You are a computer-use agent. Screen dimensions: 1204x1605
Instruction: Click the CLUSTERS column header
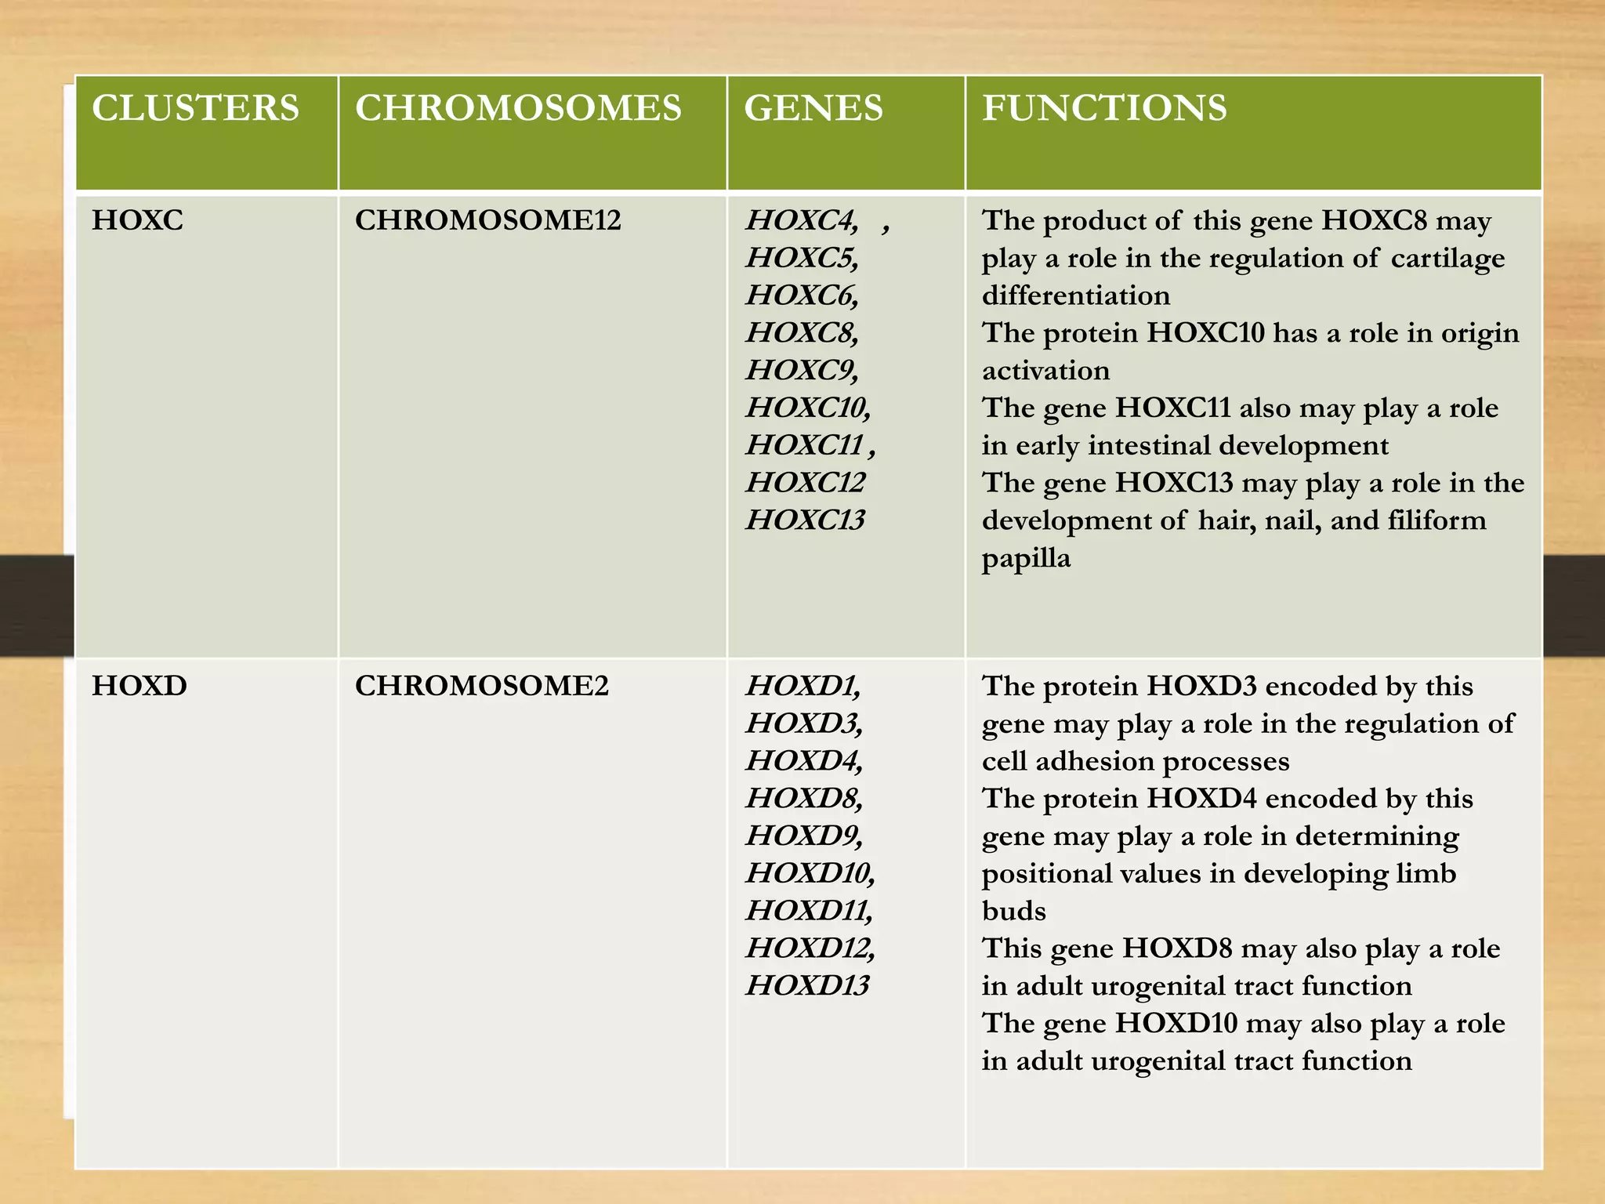tap(195, 108)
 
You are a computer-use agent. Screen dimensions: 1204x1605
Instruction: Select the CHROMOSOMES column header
tap(518, 108)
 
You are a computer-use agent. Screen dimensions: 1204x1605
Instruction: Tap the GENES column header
tap(813, 108)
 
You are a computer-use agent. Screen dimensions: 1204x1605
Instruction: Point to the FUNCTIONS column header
tap(1104, 108)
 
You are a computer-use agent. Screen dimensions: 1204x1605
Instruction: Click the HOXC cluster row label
tap(137, 220)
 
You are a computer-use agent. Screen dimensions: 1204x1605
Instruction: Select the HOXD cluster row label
tap(139, 686)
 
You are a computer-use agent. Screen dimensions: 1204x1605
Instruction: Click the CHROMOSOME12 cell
tap(487, 220)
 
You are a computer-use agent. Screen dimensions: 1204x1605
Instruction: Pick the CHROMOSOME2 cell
tap(481, 686)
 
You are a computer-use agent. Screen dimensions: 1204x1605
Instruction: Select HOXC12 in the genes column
tap(805, 482)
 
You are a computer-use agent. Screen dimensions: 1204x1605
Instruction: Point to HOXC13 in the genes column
tap(805, 520)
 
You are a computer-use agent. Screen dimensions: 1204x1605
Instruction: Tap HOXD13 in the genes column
tap(807, 985)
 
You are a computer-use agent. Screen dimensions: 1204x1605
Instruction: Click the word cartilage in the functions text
tap(1447, 258)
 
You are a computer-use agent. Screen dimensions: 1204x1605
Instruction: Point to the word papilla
tap(1026, 558)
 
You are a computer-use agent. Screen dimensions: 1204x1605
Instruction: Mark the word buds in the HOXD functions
tap(1013, 911)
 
